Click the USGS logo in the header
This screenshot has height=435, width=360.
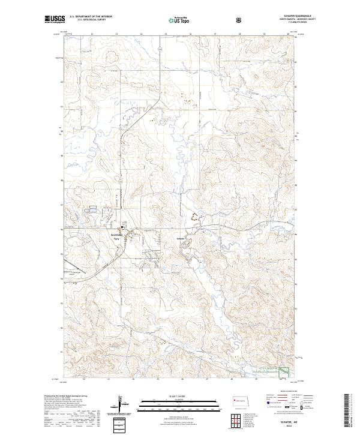(55, 20)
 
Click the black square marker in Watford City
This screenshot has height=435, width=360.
(123, 227)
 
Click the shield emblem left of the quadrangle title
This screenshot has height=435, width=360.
(240, 20)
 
